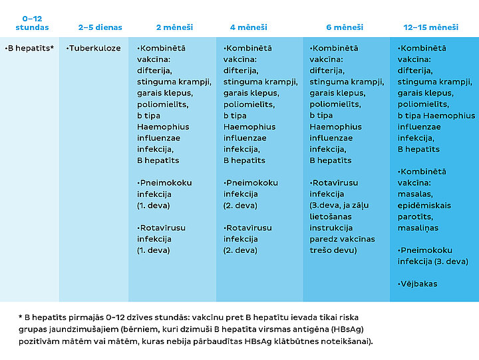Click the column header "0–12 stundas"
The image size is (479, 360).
point(32,23)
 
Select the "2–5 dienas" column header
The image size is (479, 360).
point(100,27)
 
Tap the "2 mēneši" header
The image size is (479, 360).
point(174,27)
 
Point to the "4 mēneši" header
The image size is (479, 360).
point(249,27)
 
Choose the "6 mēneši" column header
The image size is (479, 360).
point(345,27)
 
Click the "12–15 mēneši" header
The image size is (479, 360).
point(430,27)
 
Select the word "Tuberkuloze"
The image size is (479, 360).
point(94,49)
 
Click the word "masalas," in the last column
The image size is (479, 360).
point(415,194)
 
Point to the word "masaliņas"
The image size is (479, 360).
point(418,228)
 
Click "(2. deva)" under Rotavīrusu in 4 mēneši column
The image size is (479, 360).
point(240,250)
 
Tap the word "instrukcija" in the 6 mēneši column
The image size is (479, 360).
point(331,228)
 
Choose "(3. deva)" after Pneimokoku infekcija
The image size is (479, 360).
point(452,262)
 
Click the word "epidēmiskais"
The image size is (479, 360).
point(424,206)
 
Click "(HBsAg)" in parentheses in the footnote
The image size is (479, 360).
point(347,329)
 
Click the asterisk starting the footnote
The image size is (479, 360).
point(21,317)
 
